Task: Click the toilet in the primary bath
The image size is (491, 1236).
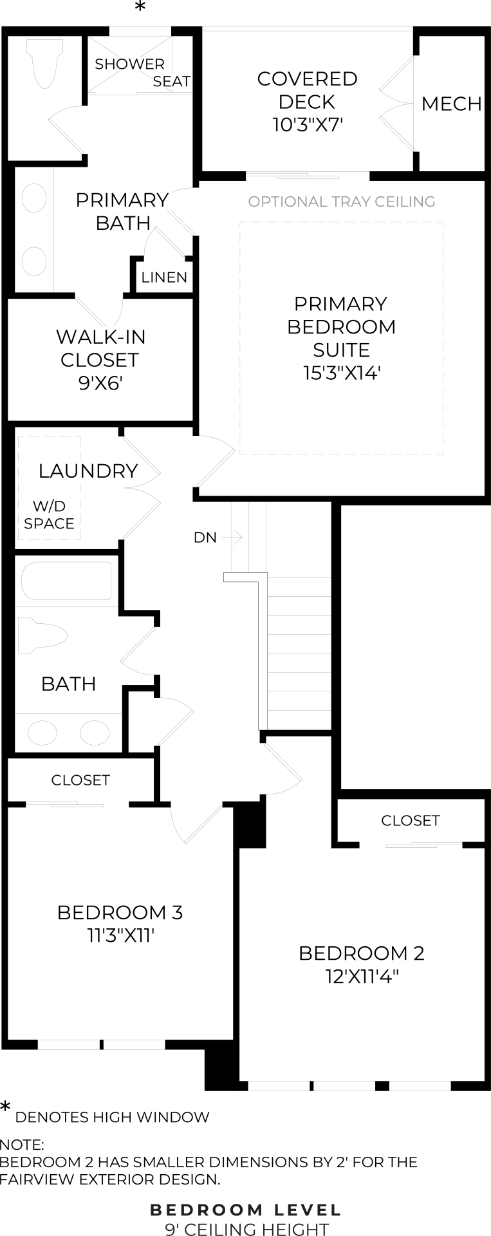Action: coord(45,62)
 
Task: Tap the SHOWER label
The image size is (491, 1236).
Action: coord(129,64)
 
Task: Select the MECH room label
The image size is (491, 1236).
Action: coord(451,104)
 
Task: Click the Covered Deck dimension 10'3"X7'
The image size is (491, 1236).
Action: coord(307,124)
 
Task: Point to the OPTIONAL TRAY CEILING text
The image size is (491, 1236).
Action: coord(342,201)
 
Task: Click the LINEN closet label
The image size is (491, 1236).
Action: coord(164,277)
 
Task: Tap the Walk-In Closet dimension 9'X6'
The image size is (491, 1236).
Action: coord(100,384)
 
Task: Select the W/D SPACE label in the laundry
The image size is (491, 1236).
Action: coord(49,514)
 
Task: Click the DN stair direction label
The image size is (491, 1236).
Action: coord(205,537)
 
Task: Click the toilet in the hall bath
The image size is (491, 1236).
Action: coord(42,636)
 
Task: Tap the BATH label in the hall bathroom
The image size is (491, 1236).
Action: coord(68,684)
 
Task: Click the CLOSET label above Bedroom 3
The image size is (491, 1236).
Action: coord(80,780)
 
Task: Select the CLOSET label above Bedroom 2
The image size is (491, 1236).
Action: coord(410,821)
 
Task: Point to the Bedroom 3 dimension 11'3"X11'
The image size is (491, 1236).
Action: coord(121,935)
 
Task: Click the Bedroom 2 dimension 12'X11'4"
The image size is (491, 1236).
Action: coord(362,977)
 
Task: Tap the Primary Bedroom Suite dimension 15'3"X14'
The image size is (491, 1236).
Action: coord(342,373)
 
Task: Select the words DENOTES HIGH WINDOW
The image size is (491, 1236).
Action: coord(112,1118)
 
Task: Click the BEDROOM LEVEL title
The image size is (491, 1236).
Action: coord(246,1210)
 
